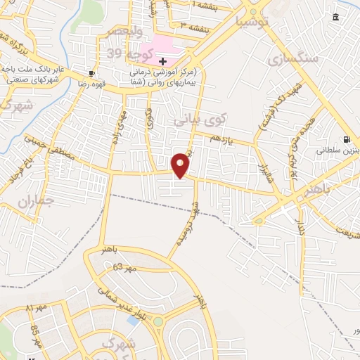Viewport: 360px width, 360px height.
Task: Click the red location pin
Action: pos(181,165)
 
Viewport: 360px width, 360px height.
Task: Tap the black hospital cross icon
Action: pos(163,62)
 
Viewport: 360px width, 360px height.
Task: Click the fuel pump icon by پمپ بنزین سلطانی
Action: pos(347,140)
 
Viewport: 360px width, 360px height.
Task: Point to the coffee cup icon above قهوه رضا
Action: pos(91,73)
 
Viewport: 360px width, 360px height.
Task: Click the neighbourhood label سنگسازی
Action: pos(293,58)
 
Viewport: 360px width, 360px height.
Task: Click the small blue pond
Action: pos(133,321)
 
